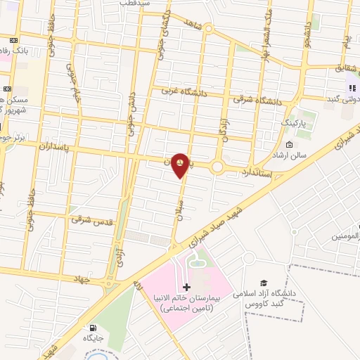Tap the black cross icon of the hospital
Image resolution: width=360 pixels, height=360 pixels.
tap(186, 287)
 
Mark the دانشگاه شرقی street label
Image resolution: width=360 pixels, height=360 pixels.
tap(259, 101)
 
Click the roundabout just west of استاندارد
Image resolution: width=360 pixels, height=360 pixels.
tap(218, 167)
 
